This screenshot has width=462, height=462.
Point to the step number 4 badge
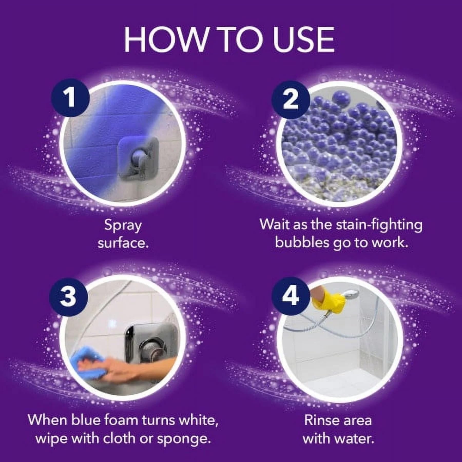pyautogui.click(x=291, y=296)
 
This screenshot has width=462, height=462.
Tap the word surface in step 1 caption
pyautogui.click(x=123, y=243)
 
